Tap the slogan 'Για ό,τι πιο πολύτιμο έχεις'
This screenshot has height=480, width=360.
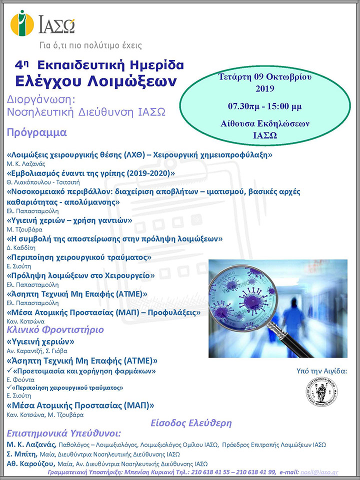coord(91,45)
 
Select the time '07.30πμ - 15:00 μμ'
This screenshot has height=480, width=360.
coord(265,106)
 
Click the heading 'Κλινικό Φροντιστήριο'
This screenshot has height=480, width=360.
coord(55,330)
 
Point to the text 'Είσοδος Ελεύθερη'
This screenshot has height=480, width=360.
coord(191,423)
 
